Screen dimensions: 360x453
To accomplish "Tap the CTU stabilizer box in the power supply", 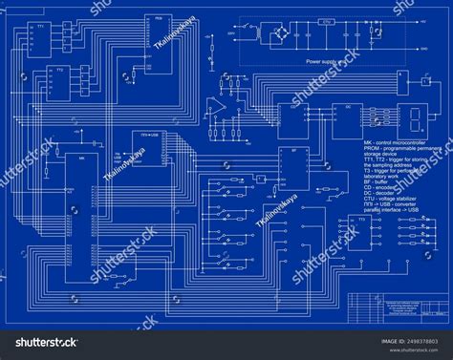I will tap(327, 21).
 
